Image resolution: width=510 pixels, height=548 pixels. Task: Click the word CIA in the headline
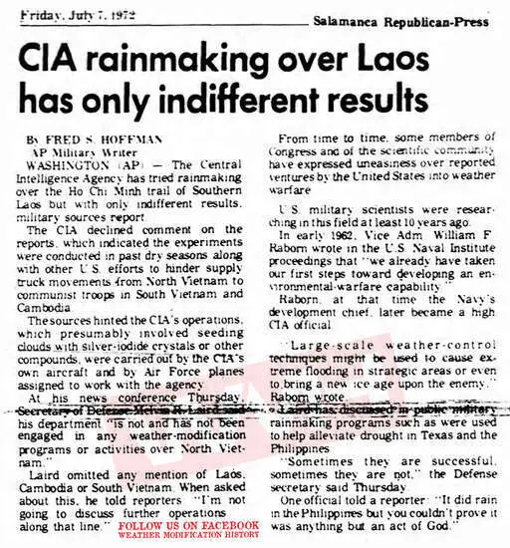tap(59, 60)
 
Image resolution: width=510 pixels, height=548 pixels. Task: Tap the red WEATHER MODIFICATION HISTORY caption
tap(188, 535)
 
